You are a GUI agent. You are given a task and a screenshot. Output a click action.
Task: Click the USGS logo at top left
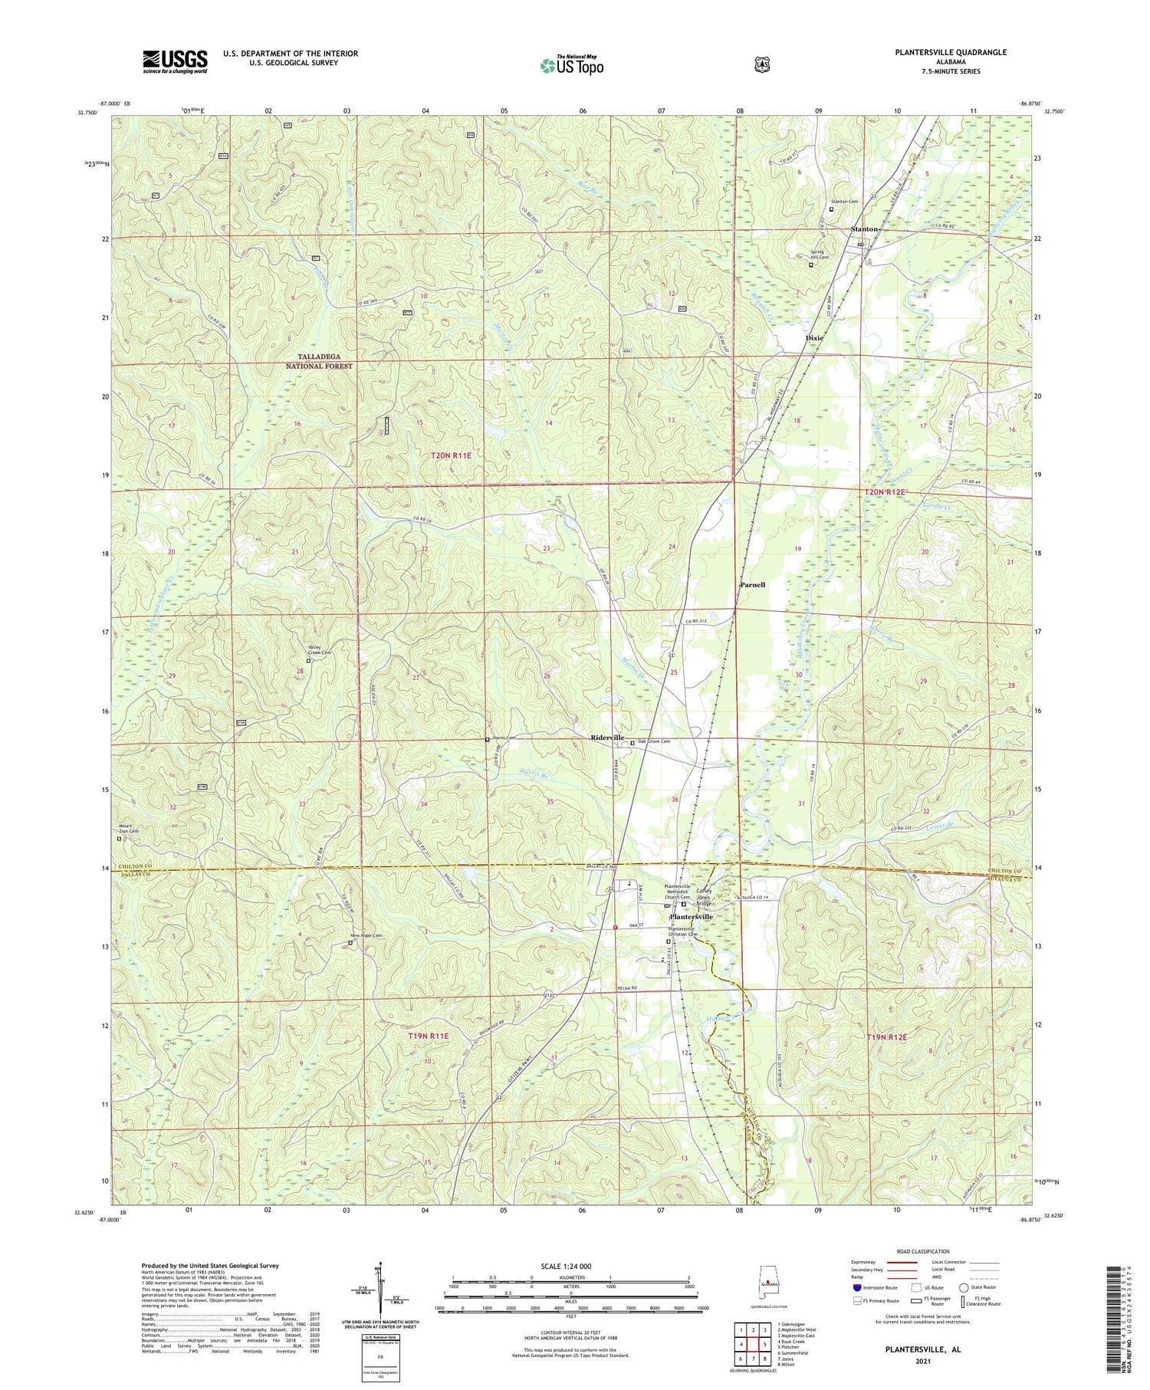click(175, 61)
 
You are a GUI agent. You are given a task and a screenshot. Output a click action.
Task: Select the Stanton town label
click(863, 229)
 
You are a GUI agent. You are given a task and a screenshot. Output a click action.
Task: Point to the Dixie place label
click(813, 337)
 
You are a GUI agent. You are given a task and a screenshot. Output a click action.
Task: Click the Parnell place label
click(752, 584)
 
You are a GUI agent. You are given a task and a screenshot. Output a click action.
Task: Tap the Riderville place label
click(606, 738)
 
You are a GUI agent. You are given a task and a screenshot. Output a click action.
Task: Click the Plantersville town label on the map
click(691, 916)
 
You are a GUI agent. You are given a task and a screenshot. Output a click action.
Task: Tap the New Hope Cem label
click(366, 935)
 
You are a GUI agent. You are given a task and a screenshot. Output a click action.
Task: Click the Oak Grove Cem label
click(654, 741)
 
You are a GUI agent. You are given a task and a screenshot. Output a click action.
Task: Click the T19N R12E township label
click(886, 1037)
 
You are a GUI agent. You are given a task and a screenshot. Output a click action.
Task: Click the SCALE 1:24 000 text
click(570, 1266)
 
